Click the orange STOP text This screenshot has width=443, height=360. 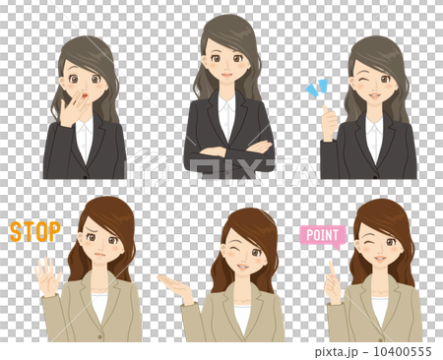[x=35, y=231]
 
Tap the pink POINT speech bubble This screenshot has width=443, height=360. [x=323, y=236]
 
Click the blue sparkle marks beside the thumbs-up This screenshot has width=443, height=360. [x=317, y=88]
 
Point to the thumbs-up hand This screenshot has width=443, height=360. [x=329, y=123]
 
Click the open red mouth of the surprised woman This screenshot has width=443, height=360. [x=85, y=96]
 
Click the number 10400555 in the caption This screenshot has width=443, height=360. [x=403, y=352]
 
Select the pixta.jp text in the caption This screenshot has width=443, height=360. [x=336, y=352]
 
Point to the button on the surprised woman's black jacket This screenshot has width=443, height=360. [x=86, y=177]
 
